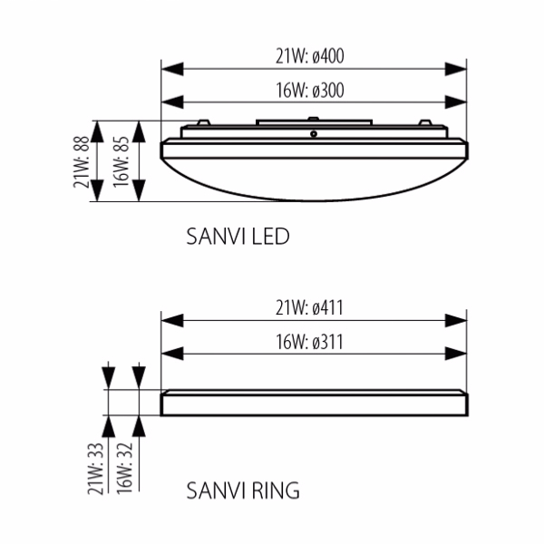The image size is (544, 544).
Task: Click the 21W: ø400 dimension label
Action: (x=310, y=56)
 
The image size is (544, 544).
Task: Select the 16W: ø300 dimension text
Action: (x=310, y=90)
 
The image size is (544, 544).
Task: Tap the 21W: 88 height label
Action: (x=82, y=161)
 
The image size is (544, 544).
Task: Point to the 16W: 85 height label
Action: (x=121, y=161)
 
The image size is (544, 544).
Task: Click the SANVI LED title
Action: (x=238, y=237)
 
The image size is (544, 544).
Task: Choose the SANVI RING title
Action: (x=243, y=491)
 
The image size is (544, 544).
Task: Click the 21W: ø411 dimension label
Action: (x=309, y=307)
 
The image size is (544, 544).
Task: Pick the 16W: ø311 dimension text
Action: (x=309, y=342)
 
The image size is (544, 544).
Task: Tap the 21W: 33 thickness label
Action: (x=95, y=469)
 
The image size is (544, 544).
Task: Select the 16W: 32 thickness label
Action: (x=124, y=469)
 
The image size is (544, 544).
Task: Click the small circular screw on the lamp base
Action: (x=314, y=133)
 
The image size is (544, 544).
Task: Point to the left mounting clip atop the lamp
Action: (x=203, y=122)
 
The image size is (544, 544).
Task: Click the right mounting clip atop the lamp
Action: (x=425, y=122)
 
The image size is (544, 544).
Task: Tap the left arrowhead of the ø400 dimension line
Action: (x=172, y=69)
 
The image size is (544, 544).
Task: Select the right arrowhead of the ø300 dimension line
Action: (x=455, y=102)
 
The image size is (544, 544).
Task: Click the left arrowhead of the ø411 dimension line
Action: (x=172, y=321)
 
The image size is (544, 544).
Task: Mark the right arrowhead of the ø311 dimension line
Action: (x=455, y=355)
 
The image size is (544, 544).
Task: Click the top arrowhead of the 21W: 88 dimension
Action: (x=97, y=131)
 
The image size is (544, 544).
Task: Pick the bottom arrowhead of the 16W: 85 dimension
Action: (x=139, y=190)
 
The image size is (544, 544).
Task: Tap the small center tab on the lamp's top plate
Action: (x=314, y=118)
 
